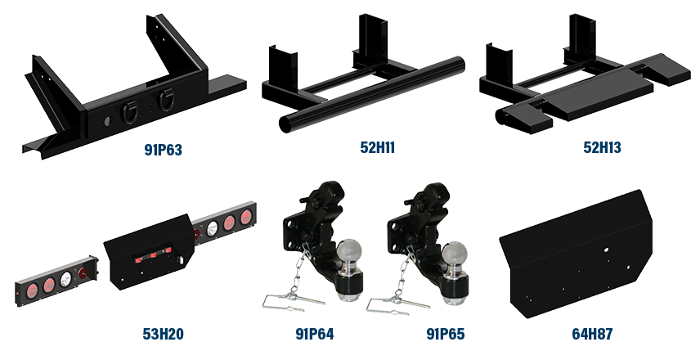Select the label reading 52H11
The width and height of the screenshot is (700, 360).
pos(378,148)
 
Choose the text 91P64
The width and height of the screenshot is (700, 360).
pos(314,334)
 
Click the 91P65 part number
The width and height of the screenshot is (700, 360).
pos(446,334)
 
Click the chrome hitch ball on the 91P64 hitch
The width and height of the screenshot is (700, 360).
pos(351,250)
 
